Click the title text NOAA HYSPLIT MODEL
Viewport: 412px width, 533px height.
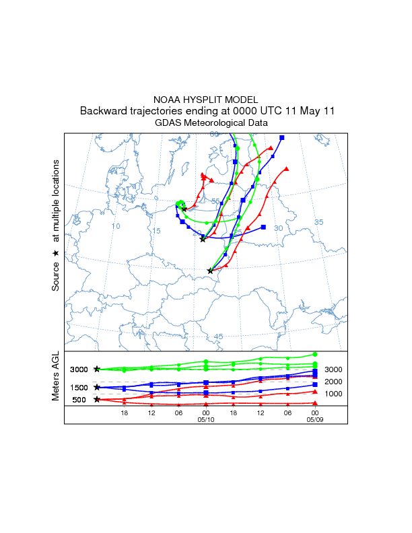point(205,100)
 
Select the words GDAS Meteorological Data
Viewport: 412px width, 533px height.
point(211,123)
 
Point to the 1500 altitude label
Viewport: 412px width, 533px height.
point(79,388)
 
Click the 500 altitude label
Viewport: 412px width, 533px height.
point(79,400)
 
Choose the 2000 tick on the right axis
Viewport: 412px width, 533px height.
point(335,382)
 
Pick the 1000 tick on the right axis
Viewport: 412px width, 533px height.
point(335,394)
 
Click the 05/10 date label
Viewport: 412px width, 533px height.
point(206,419)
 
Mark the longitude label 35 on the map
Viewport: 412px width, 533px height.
point(319,222)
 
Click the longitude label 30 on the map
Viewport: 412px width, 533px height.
point(278,228)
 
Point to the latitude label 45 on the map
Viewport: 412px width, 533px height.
point(218,336)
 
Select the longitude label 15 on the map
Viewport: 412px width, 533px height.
point(156,231)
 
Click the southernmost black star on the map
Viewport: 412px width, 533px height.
point(210,271)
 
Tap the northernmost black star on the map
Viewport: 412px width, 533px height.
point(184,209)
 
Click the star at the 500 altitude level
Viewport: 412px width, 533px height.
point(97,400)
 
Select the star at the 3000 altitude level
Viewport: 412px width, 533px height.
point(97,369)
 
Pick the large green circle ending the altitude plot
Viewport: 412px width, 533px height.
point(315,354)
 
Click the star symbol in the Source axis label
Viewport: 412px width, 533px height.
point(56,252)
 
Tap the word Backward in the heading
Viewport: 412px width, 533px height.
point(102,111)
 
